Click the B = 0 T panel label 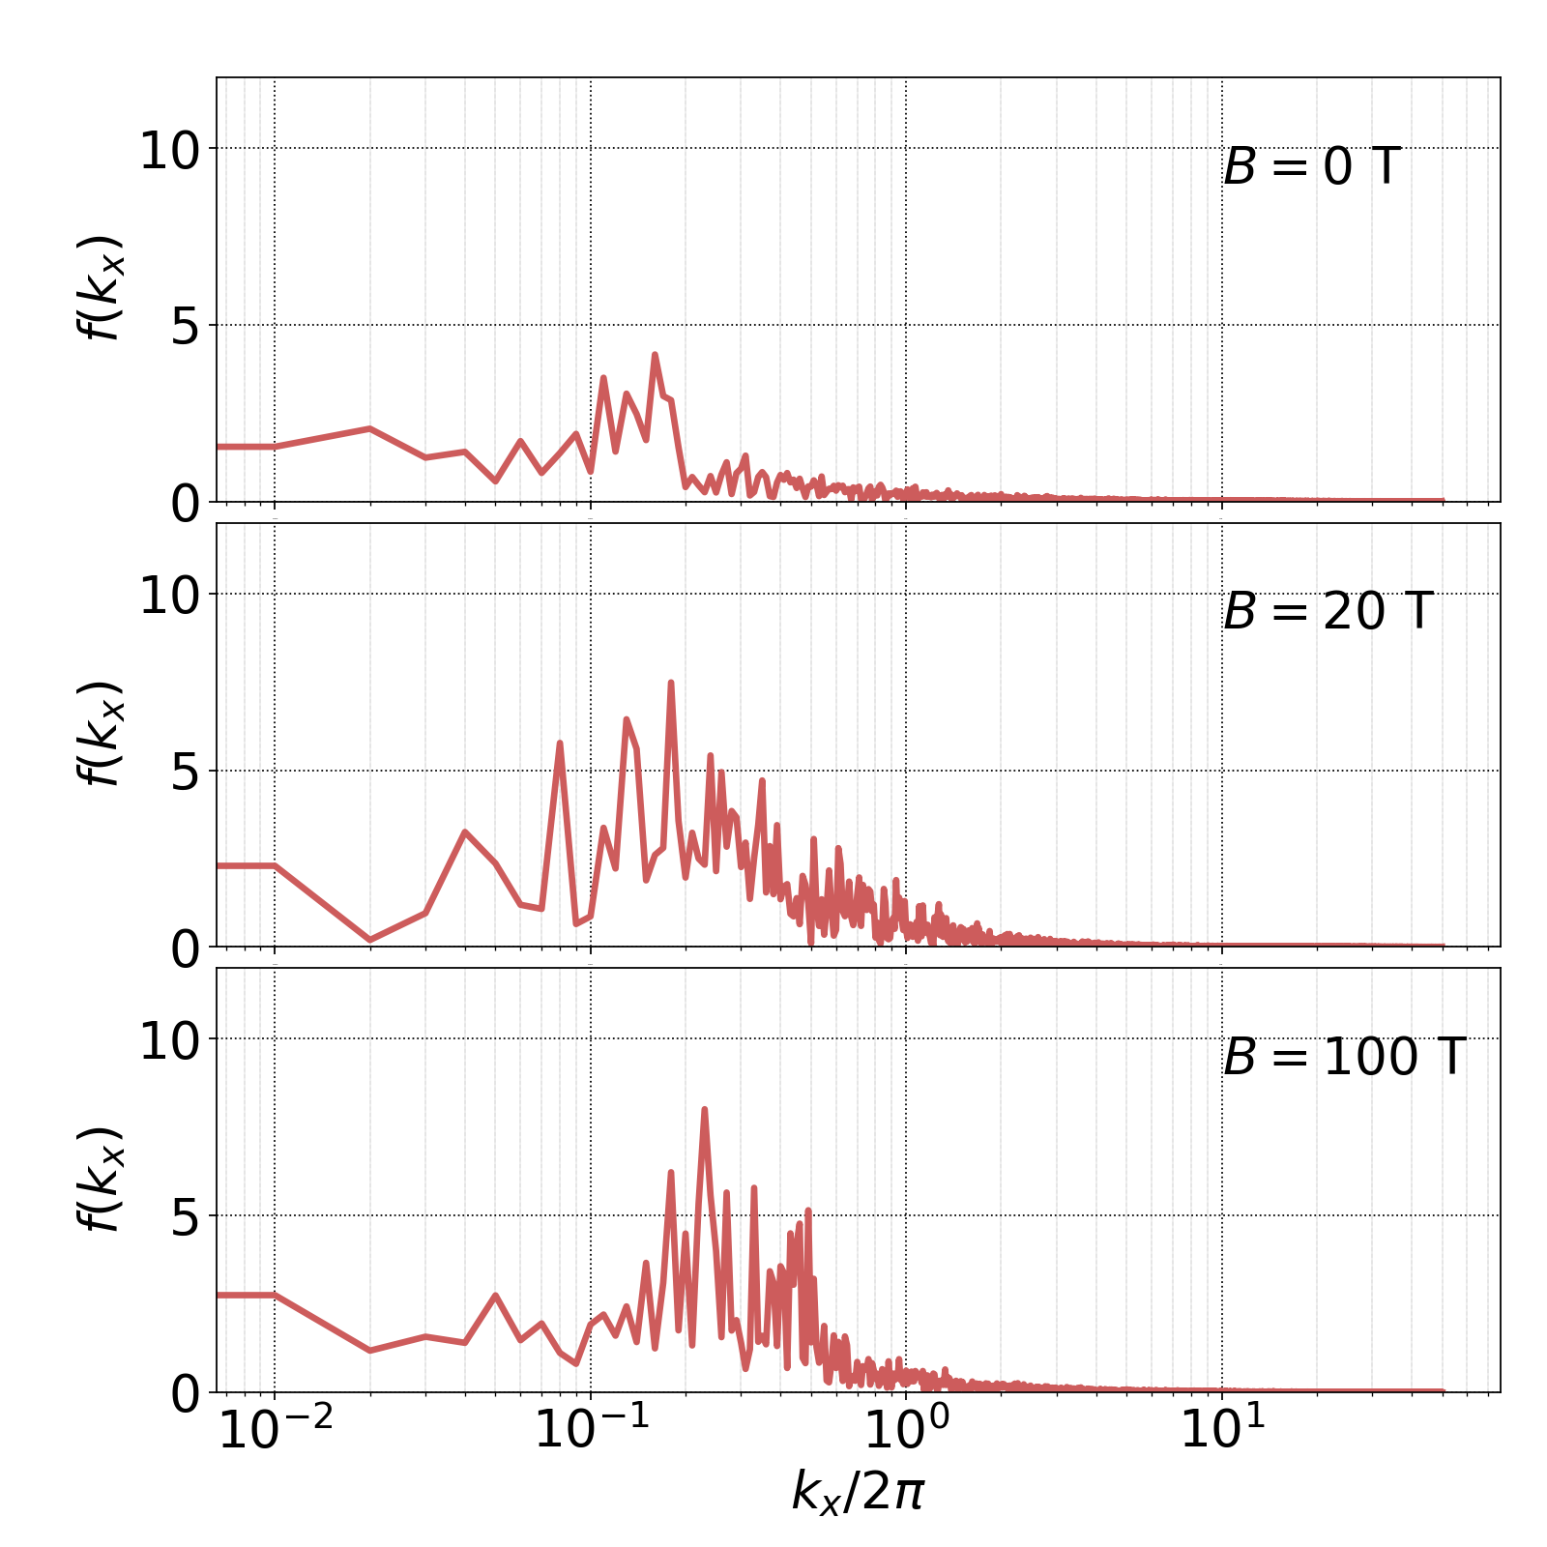point(1311,167)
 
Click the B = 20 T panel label point(1328,612)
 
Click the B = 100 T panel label point(1344,1057)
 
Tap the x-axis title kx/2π point(858,1490)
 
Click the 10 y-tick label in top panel point(169,152)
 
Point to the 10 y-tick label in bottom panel point(169,1042)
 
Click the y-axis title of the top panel point(101,288)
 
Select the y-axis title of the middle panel point(101,733)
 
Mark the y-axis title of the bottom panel point(101,1179)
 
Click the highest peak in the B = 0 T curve point(655,355)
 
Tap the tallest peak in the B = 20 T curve point(670,683)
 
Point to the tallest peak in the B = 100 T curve point(704,1109)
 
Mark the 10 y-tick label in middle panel point(169,597)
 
